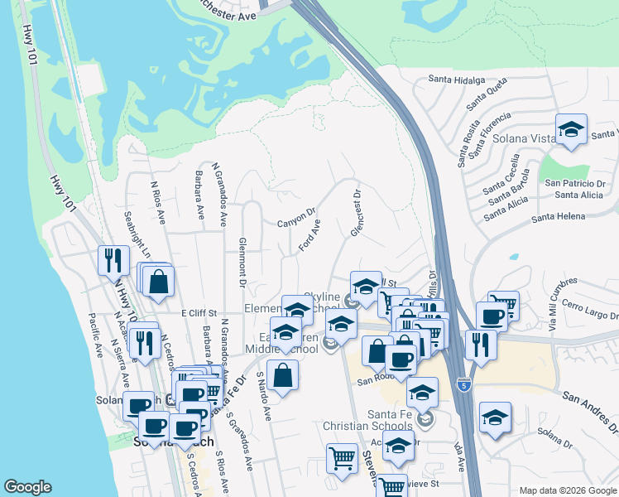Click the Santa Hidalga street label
click(x=455, y=80)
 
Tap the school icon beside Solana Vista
click(x=570, y=130)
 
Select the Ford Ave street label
click(x=309, y=235)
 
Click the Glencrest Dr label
click(x=356, y=215)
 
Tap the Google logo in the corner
click(x=27, y=487)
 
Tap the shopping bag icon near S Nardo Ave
click(x=283, y=376)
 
